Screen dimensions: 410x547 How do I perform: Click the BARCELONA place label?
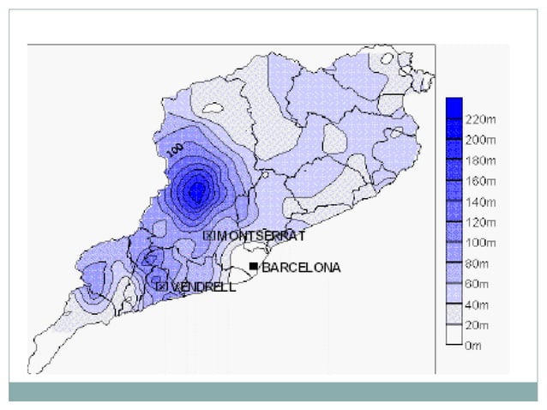click(x=301, y=268)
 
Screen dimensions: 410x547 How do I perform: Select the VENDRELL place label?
click(x=203, y=286)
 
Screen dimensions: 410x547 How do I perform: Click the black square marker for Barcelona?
click(x=253, y=268)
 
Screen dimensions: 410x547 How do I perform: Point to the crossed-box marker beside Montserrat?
click(x=208, y=235)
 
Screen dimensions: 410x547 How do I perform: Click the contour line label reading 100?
click(x=176, y=148)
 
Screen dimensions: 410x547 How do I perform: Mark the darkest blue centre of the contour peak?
click(x=196, y=191)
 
